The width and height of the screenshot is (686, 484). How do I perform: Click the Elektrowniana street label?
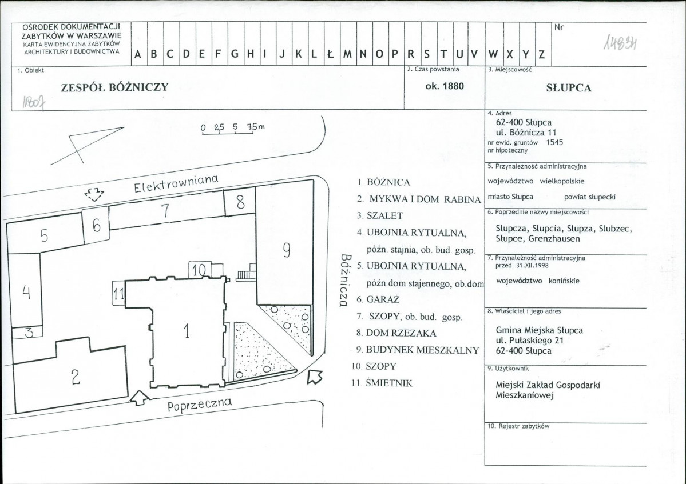point(176,185)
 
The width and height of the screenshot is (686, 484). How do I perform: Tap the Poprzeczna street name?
point(200,405)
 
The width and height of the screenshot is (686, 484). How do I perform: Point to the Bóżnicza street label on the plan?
point(346,281)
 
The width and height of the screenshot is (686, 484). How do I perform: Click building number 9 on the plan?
point(285,245)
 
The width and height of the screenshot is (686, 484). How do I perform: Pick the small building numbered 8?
point(240,201)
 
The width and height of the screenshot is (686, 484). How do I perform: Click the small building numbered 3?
point(27,333)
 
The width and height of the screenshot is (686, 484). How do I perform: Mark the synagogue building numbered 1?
point(187,332)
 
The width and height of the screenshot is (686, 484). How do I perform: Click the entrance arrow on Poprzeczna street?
point(140,398)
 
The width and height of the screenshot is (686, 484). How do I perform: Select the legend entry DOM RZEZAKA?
point(396,333)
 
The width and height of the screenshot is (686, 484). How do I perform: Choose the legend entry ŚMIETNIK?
point(382,383)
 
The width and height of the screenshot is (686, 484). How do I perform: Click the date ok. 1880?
point(445,86)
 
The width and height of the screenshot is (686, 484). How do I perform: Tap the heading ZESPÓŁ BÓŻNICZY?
point(114,87)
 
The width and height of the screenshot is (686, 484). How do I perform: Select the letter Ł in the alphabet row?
point(331,54)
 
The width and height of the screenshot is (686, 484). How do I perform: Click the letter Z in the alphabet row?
point(542,55)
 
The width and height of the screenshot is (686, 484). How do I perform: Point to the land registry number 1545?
point(554,142)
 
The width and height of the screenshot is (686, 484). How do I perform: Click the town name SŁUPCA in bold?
point(569,88)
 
